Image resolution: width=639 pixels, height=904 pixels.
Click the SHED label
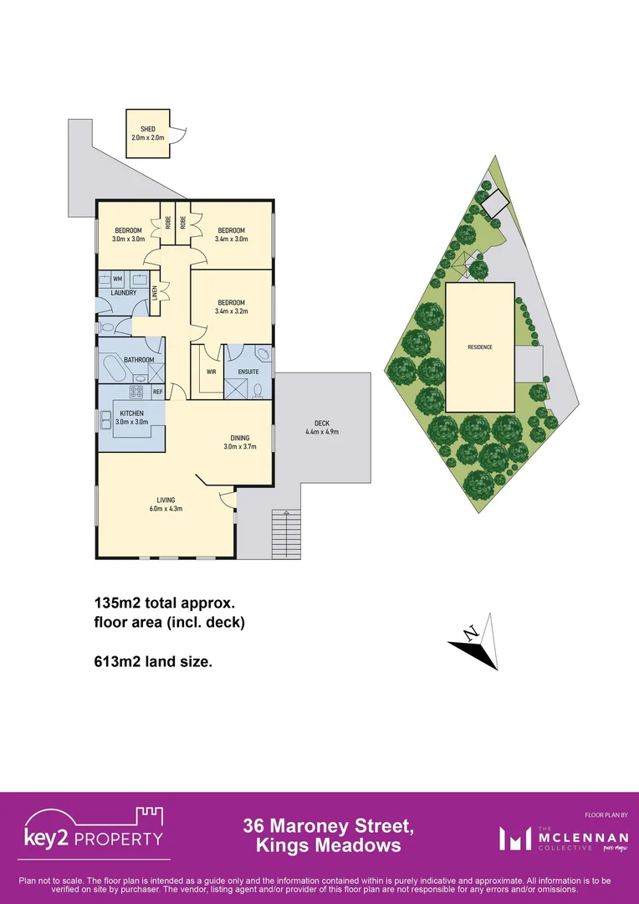tap(147, 129)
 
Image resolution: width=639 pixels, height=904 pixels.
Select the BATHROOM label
tap(140, 360)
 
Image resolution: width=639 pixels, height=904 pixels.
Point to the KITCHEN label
tap(131, 413)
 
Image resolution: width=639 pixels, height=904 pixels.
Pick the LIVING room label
tap(165, 500)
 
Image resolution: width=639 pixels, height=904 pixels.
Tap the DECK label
tap(322, 423)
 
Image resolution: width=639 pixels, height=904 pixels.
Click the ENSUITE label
tap(248, 372)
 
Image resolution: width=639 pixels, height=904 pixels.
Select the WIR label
tap(212, 372)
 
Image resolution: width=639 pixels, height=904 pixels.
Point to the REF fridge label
tap(157, 392)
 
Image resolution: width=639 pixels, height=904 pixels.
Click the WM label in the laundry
tap(118, 278)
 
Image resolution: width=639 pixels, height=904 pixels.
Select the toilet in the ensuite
tap(258, 389)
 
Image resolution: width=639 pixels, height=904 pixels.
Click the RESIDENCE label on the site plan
tap(480, 347)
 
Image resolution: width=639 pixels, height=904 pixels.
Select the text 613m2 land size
tap(152, 661)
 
